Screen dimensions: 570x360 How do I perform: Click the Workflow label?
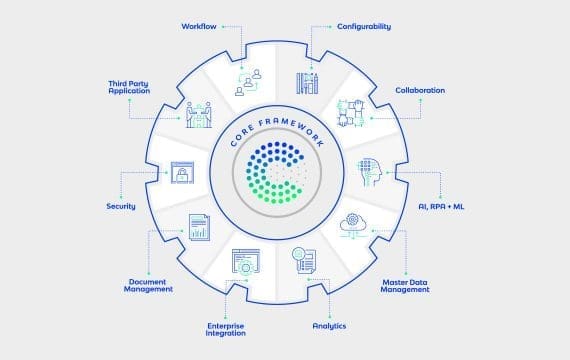pos(199,27)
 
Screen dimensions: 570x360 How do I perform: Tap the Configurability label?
pos(364,27)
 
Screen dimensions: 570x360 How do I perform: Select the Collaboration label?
pos(420,90)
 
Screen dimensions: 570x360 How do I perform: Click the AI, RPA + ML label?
pos(441,207)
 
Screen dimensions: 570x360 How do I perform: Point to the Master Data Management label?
pos(405,286)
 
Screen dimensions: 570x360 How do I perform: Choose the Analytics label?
pos(329,326)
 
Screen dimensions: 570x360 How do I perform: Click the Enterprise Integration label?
pos(225,329)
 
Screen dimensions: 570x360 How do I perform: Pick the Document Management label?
pos(148,285)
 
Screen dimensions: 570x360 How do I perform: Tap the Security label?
pos(121,206)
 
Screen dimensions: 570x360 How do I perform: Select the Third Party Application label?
pos(129,87)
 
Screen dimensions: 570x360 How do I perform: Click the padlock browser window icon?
pos(182,172)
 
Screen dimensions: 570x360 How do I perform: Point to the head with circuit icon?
pos(370,172)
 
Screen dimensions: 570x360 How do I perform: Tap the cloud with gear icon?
pos(353,226)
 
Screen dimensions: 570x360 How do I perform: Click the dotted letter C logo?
pos(274,172)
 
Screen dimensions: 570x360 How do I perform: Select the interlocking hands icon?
pos(351,113)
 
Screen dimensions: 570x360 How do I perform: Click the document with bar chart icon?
pos(199,227)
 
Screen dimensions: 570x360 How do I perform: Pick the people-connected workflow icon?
pos(248,83)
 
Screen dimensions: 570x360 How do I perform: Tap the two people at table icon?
pos(199,115)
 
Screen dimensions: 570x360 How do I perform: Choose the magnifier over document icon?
pos(304,260)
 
